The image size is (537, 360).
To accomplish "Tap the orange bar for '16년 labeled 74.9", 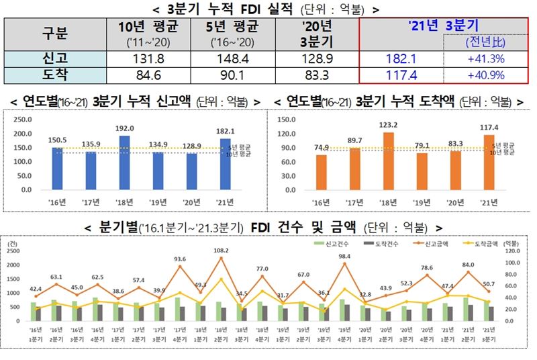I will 322,173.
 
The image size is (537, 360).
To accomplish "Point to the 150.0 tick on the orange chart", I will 287,119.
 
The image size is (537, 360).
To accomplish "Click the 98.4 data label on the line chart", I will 345,257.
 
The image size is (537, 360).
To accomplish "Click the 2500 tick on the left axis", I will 14,251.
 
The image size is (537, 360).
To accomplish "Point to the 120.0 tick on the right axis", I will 513,251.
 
